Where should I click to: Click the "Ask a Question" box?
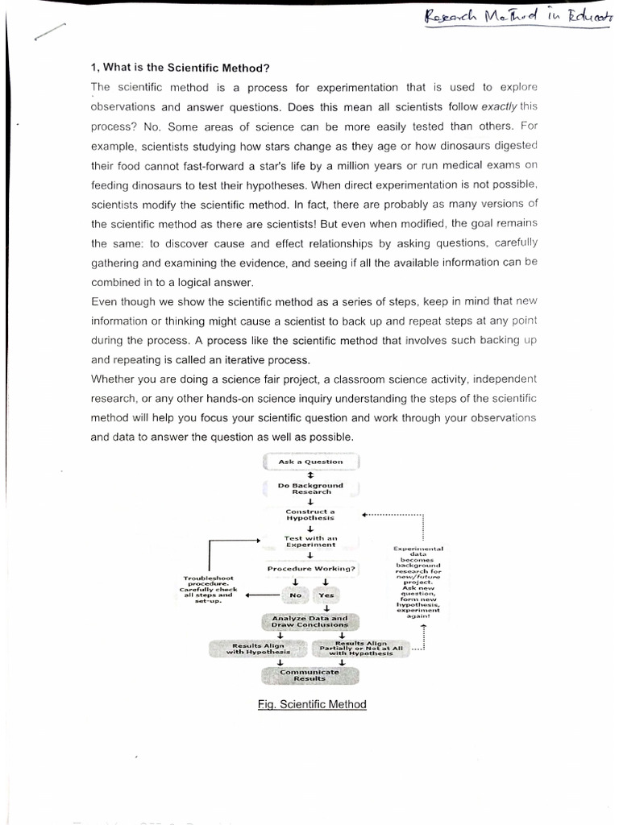pos(310,462)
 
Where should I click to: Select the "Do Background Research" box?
pos(310,488)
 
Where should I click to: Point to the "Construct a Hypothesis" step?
pos(310,514)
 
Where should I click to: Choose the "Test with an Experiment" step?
pos(310,541)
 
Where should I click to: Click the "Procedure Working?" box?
pos(310,569)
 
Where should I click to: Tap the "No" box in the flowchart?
pos(296,595)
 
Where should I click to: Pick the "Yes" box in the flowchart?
pos(326,595)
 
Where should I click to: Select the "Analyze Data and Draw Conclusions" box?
pos(310,621)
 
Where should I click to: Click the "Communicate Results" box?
pos(310,675)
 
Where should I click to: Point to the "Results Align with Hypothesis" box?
pos(258,649)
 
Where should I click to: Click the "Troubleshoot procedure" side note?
pos(207,590)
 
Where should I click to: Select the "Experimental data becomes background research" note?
pos(418,582)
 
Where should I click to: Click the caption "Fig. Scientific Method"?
pos(312,704)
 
